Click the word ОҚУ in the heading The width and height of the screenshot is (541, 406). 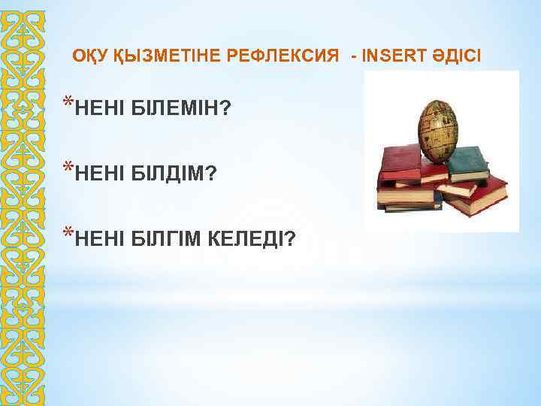tap(90, 56)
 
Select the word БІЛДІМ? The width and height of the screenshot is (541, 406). tap(174, 174)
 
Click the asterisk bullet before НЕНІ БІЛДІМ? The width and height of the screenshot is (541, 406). tap(68, 167)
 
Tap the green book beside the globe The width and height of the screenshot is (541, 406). tap(467, 162)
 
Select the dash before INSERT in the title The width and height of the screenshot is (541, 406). tap(354, 56)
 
